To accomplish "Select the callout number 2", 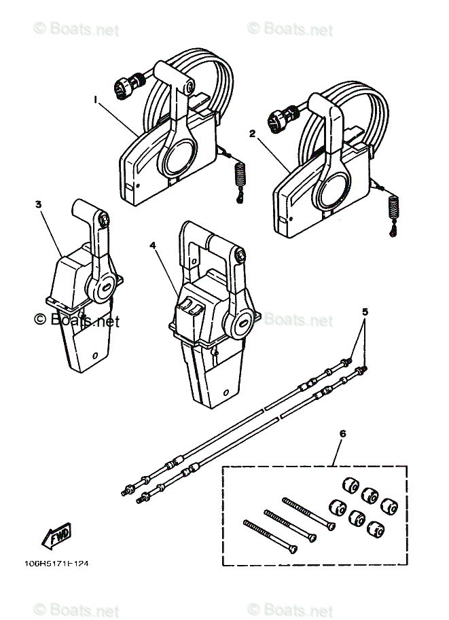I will click(252, 134).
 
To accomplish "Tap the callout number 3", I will click(39, 203).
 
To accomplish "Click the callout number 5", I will click(346, 312).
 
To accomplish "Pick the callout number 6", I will click(342, 433).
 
